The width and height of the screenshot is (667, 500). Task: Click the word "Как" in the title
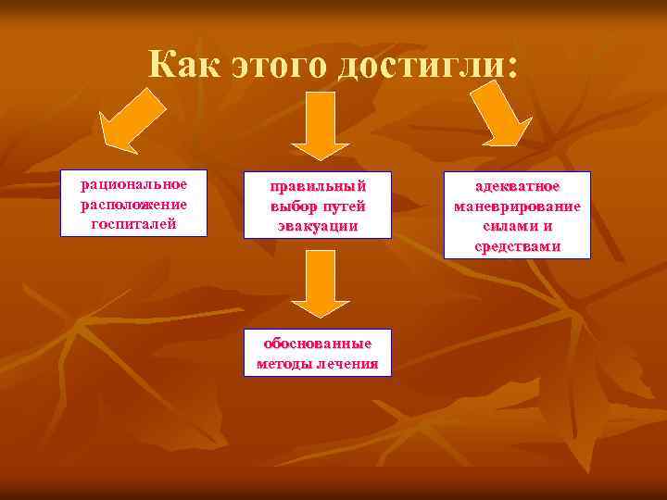click(189, 66)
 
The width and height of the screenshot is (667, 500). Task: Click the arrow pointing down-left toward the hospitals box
click(132, 119)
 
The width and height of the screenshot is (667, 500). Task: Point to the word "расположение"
click(133, 204)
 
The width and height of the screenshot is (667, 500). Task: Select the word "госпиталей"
click(133, 222)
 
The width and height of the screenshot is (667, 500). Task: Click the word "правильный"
click(318, 187)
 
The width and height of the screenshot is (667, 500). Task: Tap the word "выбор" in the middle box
click(293, 206)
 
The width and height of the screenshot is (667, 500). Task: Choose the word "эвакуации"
click(318, 224)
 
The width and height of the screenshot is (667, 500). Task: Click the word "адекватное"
click(518, 186)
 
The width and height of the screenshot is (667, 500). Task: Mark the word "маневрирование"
click(518, 206)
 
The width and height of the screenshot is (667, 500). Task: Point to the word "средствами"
click(518, 245)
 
